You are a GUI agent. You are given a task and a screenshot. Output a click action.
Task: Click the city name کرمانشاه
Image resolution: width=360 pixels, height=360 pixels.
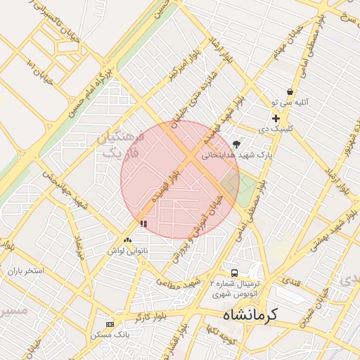coord(250,316)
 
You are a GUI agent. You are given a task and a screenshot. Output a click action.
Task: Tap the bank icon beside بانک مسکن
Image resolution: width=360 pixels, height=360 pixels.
coord(110,324)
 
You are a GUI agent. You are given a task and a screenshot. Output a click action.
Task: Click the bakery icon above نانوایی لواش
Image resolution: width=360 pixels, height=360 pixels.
coord(127,240)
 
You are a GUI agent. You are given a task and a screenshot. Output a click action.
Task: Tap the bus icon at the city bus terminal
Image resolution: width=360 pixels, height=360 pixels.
coord(234,273)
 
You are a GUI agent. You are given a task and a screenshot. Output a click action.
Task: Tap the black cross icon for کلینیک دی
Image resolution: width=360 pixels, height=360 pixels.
coord(276,119)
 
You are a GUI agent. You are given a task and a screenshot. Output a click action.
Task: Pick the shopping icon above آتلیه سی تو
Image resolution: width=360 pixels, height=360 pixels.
coord(290,92)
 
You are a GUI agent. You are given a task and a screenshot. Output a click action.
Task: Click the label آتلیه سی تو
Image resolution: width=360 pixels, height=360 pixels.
coord(288,103)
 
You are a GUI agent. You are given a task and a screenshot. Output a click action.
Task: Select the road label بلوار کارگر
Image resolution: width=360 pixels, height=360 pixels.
coord(150,310)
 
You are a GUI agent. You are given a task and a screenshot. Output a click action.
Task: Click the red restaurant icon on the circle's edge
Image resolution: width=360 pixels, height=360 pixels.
coord(143,224)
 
